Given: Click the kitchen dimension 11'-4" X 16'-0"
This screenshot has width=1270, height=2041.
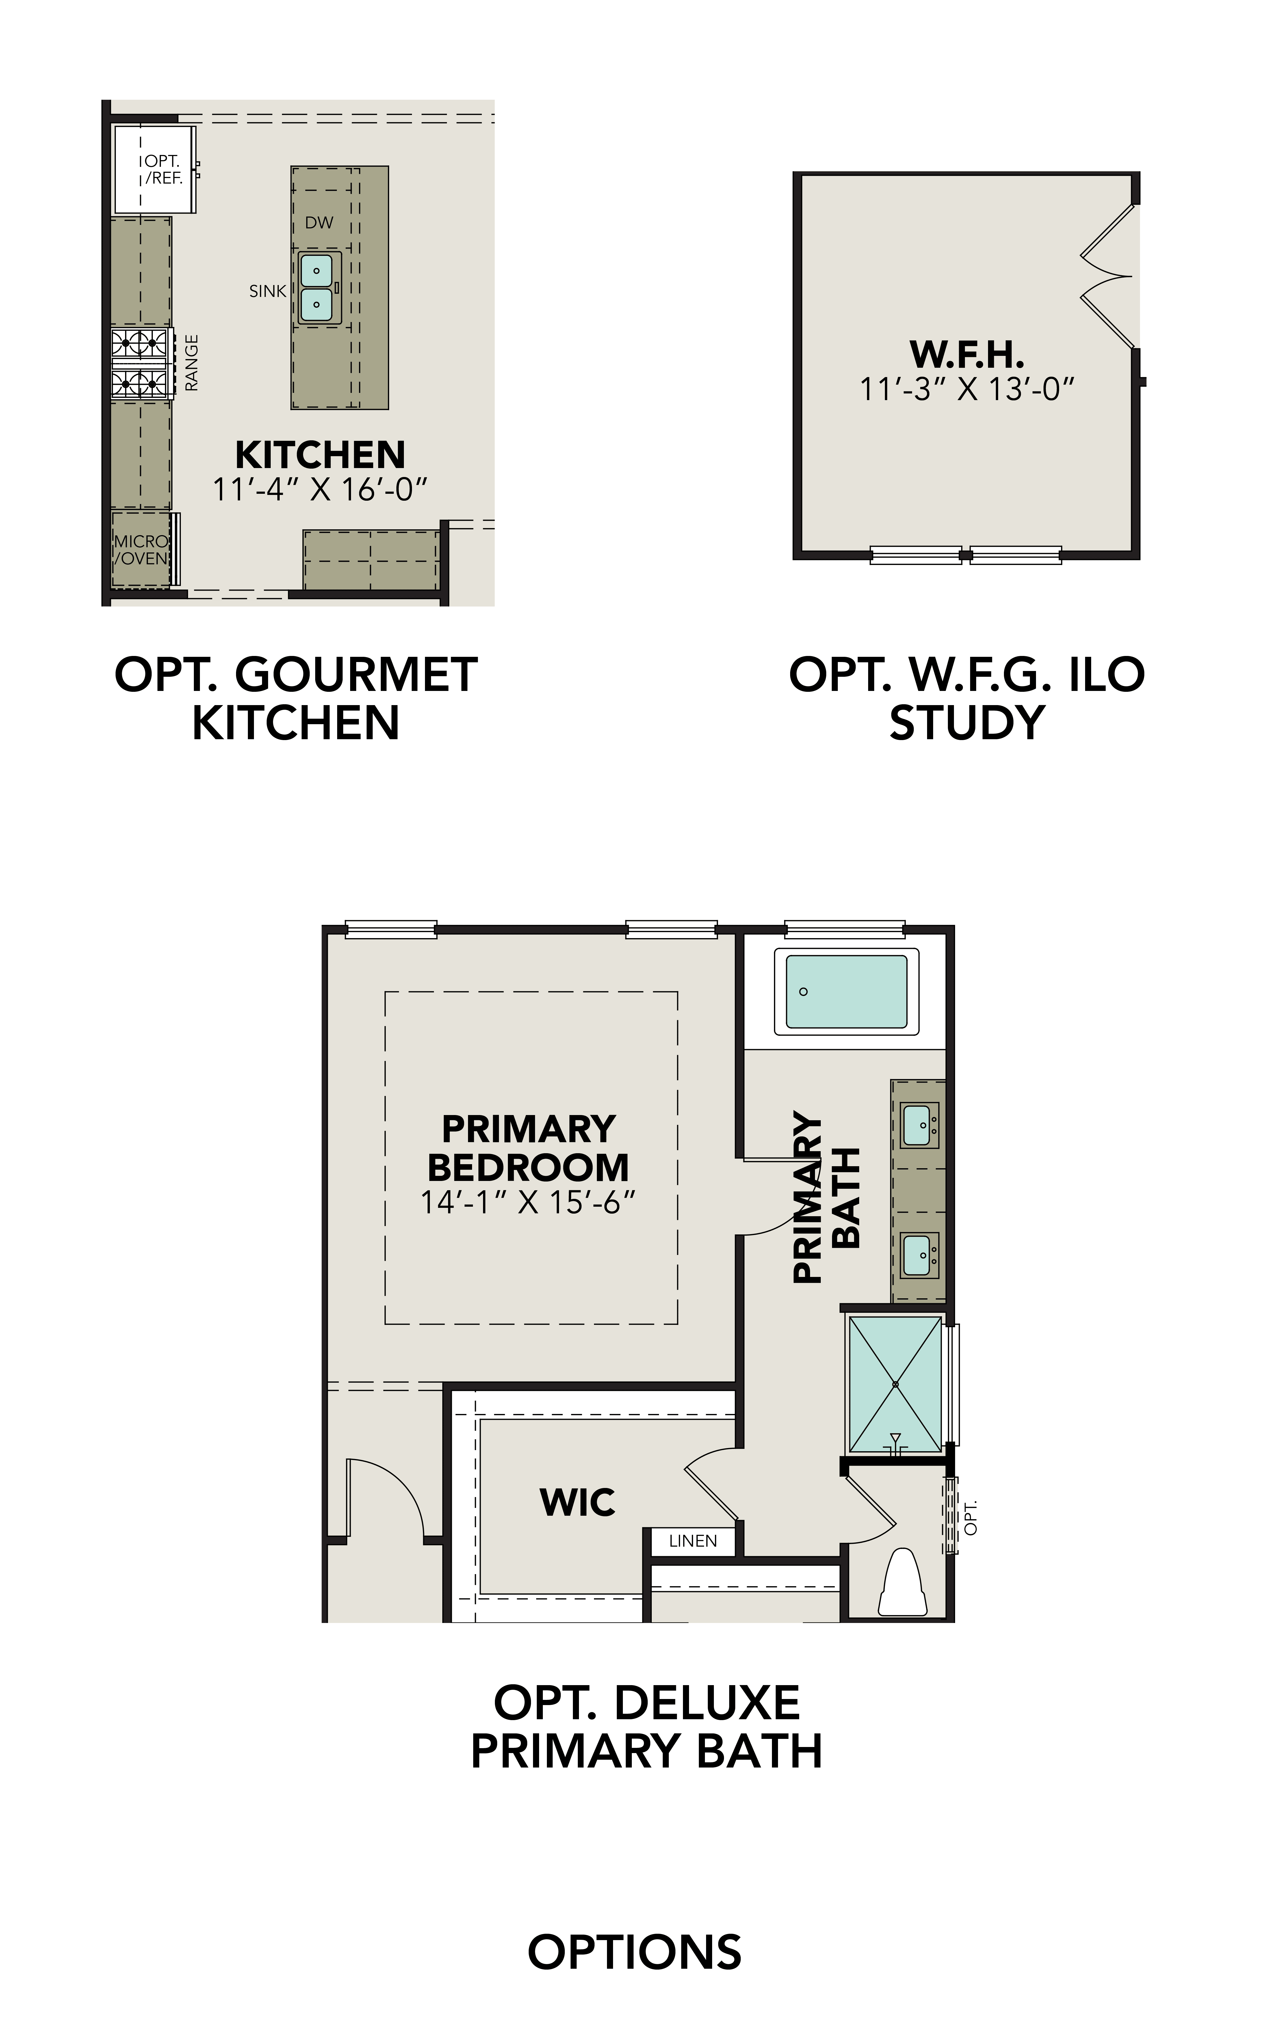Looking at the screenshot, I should (x=320, y=489).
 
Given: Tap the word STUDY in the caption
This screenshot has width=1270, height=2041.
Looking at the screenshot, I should (x=967, y=723).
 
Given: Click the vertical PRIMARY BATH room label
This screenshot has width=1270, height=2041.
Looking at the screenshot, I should (x=827, y=1198).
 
